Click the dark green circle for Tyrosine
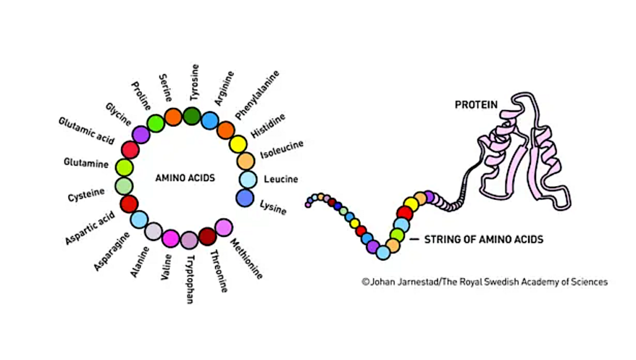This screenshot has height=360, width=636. pyautogui.click(x=191, y=115)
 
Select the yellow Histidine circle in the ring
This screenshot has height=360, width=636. pyautogui.click(x=238, y=145)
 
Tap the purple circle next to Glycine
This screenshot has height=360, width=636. pyautogui.click(x=141, y=135)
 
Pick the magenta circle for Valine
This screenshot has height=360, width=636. pyautogui.click(x=170, y=238)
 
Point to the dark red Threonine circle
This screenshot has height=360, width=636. pyautogui.click(x=207, y=236)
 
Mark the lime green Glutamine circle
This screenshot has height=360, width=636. pyautogui.click(x=125, y=167)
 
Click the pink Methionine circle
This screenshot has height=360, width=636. pyautogui.click(x=224, y=228)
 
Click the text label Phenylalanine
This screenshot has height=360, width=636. pyautogui.click(x=257, y=94)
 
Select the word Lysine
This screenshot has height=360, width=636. pyautogui.click(x=273, y=207)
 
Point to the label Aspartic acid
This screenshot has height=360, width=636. pyautogui.click(x=90, y=228)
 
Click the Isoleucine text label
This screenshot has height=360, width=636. pyautogui.click(x=281, y=148)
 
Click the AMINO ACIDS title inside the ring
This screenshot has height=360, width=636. pyautogui.click(x=184, y=178)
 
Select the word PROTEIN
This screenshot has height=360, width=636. pyautogui.click(x=476, y=105)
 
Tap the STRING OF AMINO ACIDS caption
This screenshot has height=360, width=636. pyautogui.click(x=483, y=239)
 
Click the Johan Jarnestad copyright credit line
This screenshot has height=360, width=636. pyautogui.click(x=484, y=282)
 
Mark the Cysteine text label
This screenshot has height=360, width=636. pyautogui.click(x=86, y=196)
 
